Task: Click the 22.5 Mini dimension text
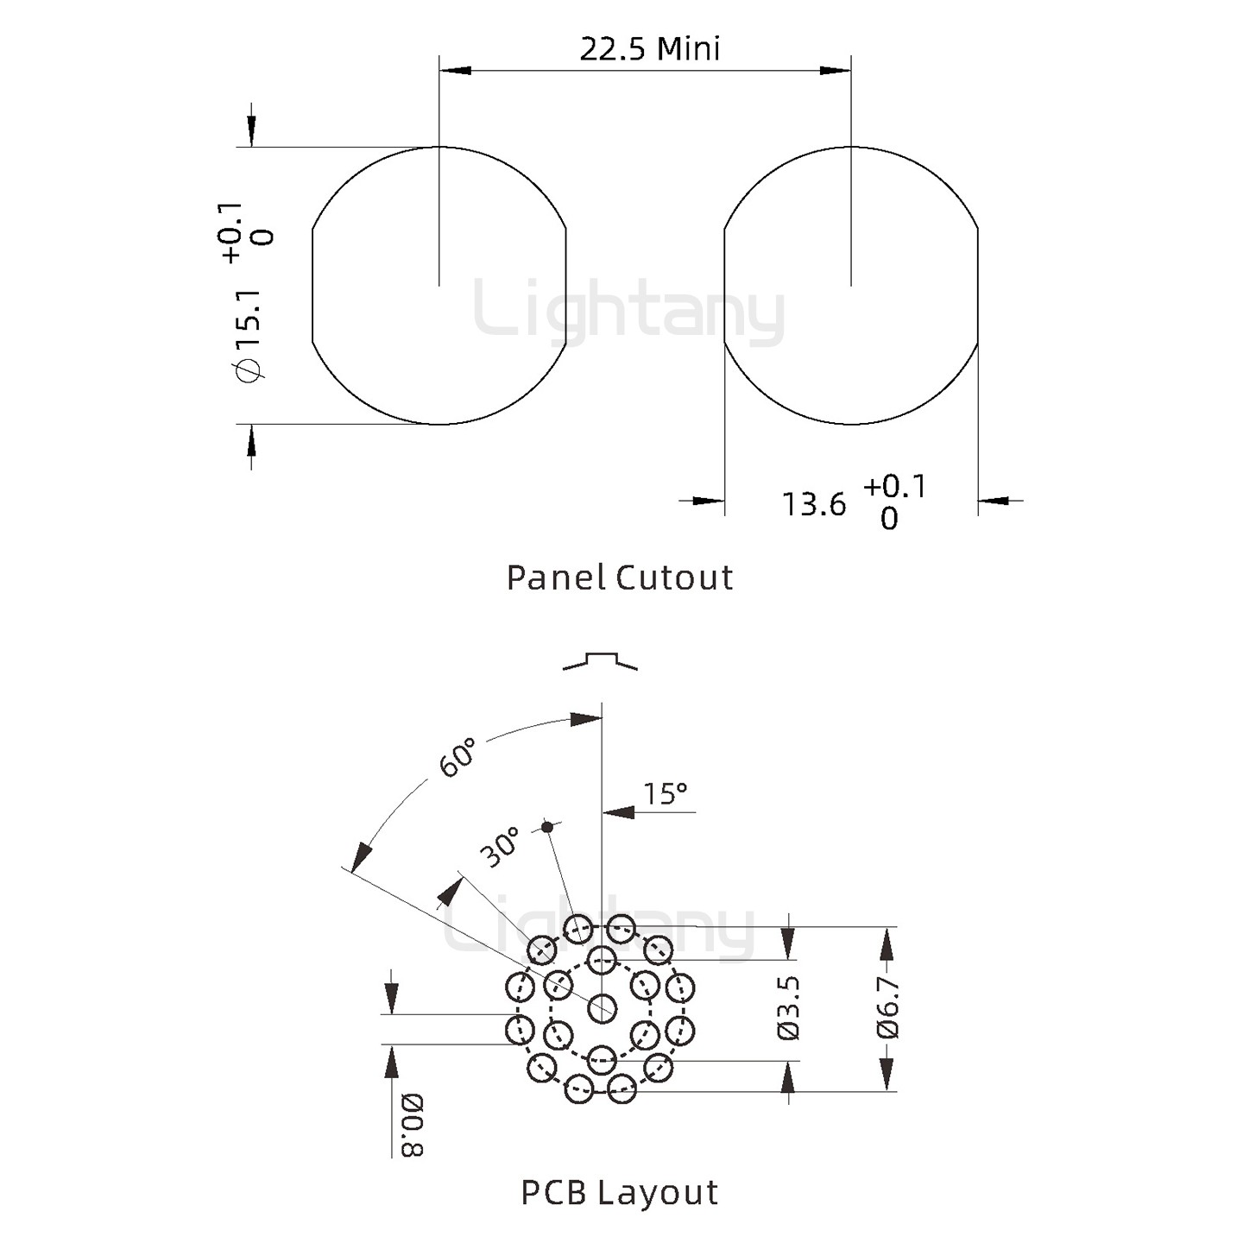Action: [650, 49]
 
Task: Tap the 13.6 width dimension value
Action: [813, 504]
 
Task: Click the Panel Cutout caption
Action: [619, 577]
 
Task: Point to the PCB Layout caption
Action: [619, 1193]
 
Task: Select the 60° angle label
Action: [457, 757]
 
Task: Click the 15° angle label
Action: [665, 793]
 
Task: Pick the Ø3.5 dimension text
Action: [788, 1007]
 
